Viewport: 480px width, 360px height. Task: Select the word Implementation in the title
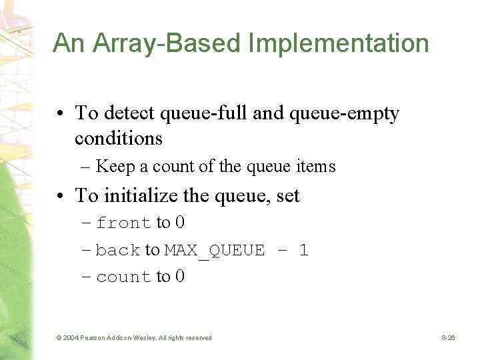[x=339, y=44]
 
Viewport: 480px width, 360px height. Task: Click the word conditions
[x=119, y=138]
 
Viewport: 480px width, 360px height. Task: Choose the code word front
[x=123, y=223]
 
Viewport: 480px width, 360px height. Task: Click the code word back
[x=118, y=251]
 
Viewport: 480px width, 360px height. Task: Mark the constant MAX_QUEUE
[x=214, y=251]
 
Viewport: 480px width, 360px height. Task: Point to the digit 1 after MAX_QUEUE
[x=304, y=251]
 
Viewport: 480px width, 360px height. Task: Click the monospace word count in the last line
[x=123, y=277]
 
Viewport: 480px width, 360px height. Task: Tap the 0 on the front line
[x=180, y=223]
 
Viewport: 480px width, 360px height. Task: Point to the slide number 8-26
[x=448, y=338]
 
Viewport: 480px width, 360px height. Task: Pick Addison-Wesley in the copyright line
[x=131, y=338]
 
